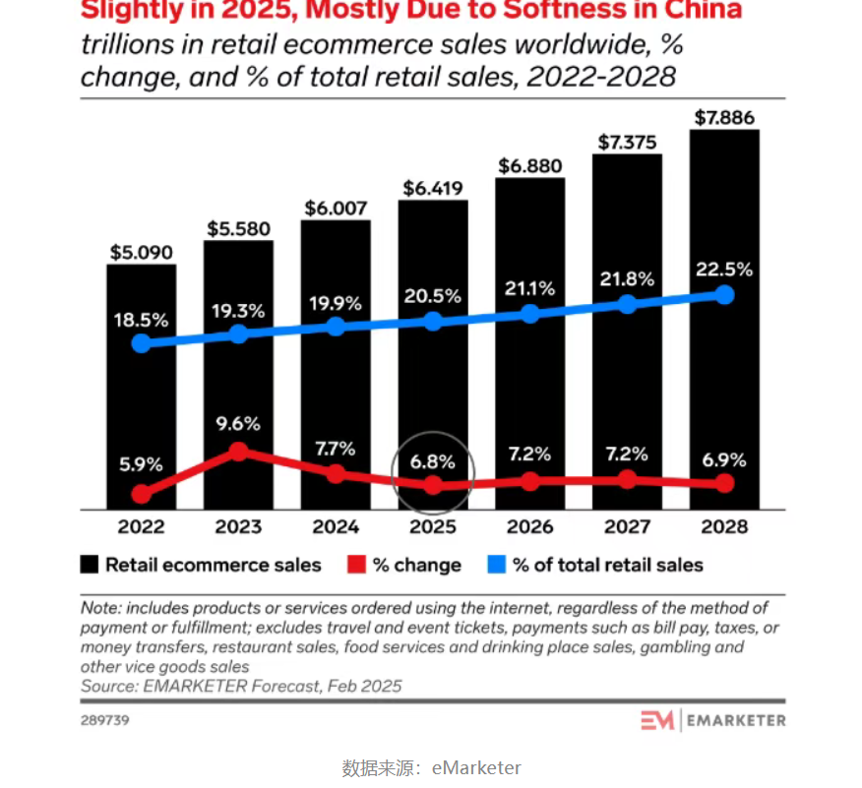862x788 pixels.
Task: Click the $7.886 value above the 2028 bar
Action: click(724, 118)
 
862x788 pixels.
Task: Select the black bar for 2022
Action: click(142, 413)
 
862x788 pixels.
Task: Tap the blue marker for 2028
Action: click(724, 295)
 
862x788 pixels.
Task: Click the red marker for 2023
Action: click(237, 452)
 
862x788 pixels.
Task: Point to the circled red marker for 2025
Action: click(433, 485)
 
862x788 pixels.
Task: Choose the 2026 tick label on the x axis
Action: click(529, 526)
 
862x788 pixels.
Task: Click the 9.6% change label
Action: click(237, 424)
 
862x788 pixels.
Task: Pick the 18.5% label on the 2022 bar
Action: click(142, 320)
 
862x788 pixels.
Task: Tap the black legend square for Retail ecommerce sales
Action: click(90, 565)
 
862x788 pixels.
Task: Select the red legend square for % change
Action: click(356, 565)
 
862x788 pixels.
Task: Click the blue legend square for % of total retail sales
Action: click(497, 565)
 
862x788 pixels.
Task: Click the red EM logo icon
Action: click(657, 720)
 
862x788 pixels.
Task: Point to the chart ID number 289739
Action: click(104, 720)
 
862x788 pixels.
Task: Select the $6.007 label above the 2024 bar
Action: click(336, 208)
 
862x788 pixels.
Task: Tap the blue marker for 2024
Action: click(336, 327)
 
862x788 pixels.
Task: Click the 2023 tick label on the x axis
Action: click(237, 526)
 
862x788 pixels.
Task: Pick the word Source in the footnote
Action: click(108, 686)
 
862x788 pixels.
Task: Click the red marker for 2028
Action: click(724, 483)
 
